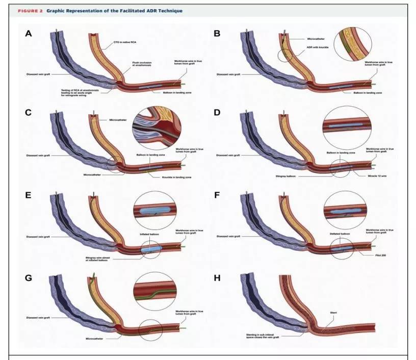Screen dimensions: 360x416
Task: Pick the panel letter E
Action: tap(29, 196)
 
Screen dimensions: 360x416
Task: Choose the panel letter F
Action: tap(217, 196)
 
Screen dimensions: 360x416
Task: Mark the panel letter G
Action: tap(29, 279)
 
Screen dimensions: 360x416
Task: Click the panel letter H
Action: tap(217, 279)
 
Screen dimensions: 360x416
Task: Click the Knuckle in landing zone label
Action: tap(173, 176)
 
